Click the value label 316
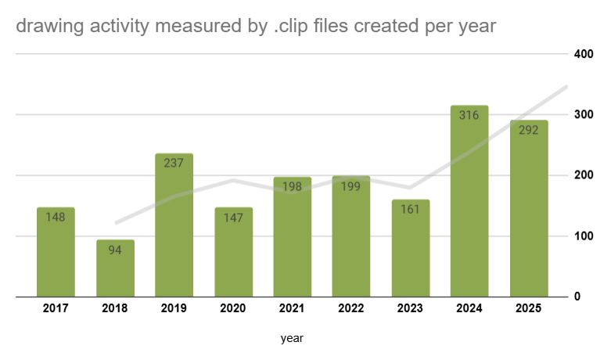click(469, 115)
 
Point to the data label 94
click(115, 250)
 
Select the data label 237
click(174, 164)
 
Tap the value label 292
click(528, 130)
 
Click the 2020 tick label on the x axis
click(233, 309)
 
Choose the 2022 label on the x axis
click(351, 309)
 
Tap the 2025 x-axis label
click(528, 309)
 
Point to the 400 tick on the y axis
click(582, 54)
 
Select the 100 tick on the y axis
click(582, 236)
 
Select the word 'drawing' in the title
click(44, 26)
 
